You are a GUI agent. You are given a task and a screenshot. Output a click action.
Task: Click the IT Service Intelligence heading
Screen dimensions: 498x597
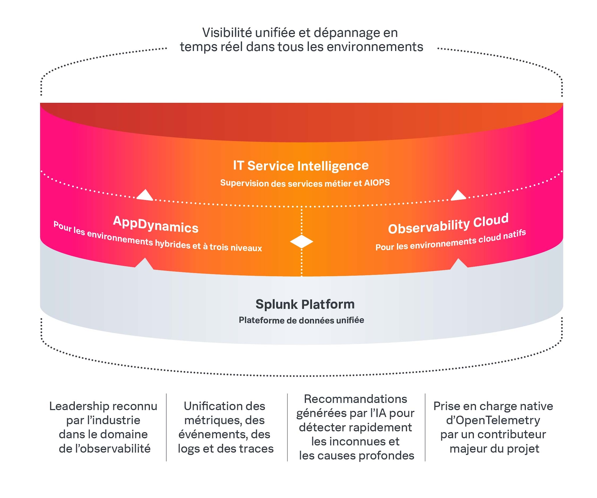click(301, 166)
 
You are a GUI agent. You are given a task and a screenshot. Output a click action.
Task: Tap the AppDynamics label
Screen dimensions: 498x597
click(156, 225)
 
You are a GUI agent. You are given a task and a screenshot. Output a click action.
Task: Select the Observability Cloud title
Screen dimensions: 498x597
click(448, 224)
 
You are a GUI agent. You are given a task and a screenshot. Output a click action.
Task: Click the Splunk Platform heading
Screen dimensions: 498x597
click(305, 304)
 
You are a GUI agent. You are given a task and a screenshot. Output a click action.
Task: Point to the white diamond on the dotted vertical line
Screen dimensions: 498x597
click(301, 242)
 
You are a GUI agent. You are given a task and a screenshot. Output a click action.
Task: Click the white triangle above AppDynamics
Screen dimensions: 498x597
click(145, 196)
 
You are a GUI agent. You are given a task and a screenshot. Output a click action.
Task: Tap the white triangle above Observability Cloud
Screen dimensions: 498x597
click(458, 196)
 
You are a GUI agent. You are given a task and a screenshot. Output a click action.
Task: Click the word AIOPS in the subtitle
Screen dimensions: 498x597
click(377, 183)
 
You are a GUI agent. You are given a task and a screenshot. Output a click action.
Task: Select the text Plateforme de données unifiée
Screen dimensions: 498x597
click(301, 320)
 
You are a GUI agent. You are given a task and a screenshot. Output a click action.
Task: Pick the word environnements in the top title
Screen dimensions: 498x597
click(375, 47)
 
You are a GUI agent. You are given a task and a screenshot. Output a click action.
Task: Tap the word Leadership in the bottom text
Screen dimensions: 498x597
click(79, 406)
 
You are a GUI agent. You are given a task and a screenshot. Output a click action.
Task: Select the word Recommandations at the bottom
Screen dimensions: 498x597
click(355, 399)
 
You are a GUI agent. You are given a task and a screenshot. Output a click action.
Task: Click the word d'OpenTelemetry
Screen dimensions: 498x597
click(493, 420)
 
